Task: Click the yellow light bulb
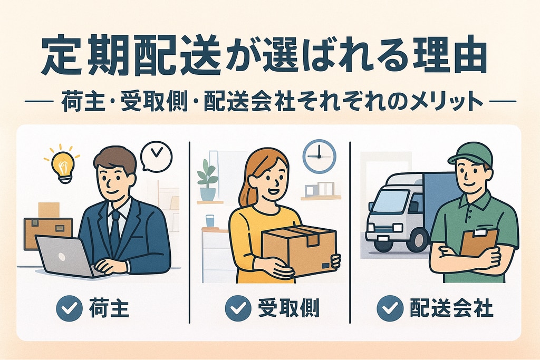pos(63,166)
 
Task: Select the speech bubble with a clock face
pos(156,156)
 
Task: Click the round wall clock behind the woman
pos(319,156)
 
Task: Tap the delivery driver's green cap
pos(471,154)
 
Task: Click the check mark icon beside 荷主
pos(69,308)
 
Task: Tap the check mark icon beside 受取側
pos(238,308)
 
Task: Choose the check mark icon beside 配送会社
pos(390,308)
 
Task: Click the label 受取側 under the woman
pos(288,308)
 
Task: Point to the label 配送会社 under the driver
pos(451,308)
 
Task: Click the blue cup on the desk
pos(210,220)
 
